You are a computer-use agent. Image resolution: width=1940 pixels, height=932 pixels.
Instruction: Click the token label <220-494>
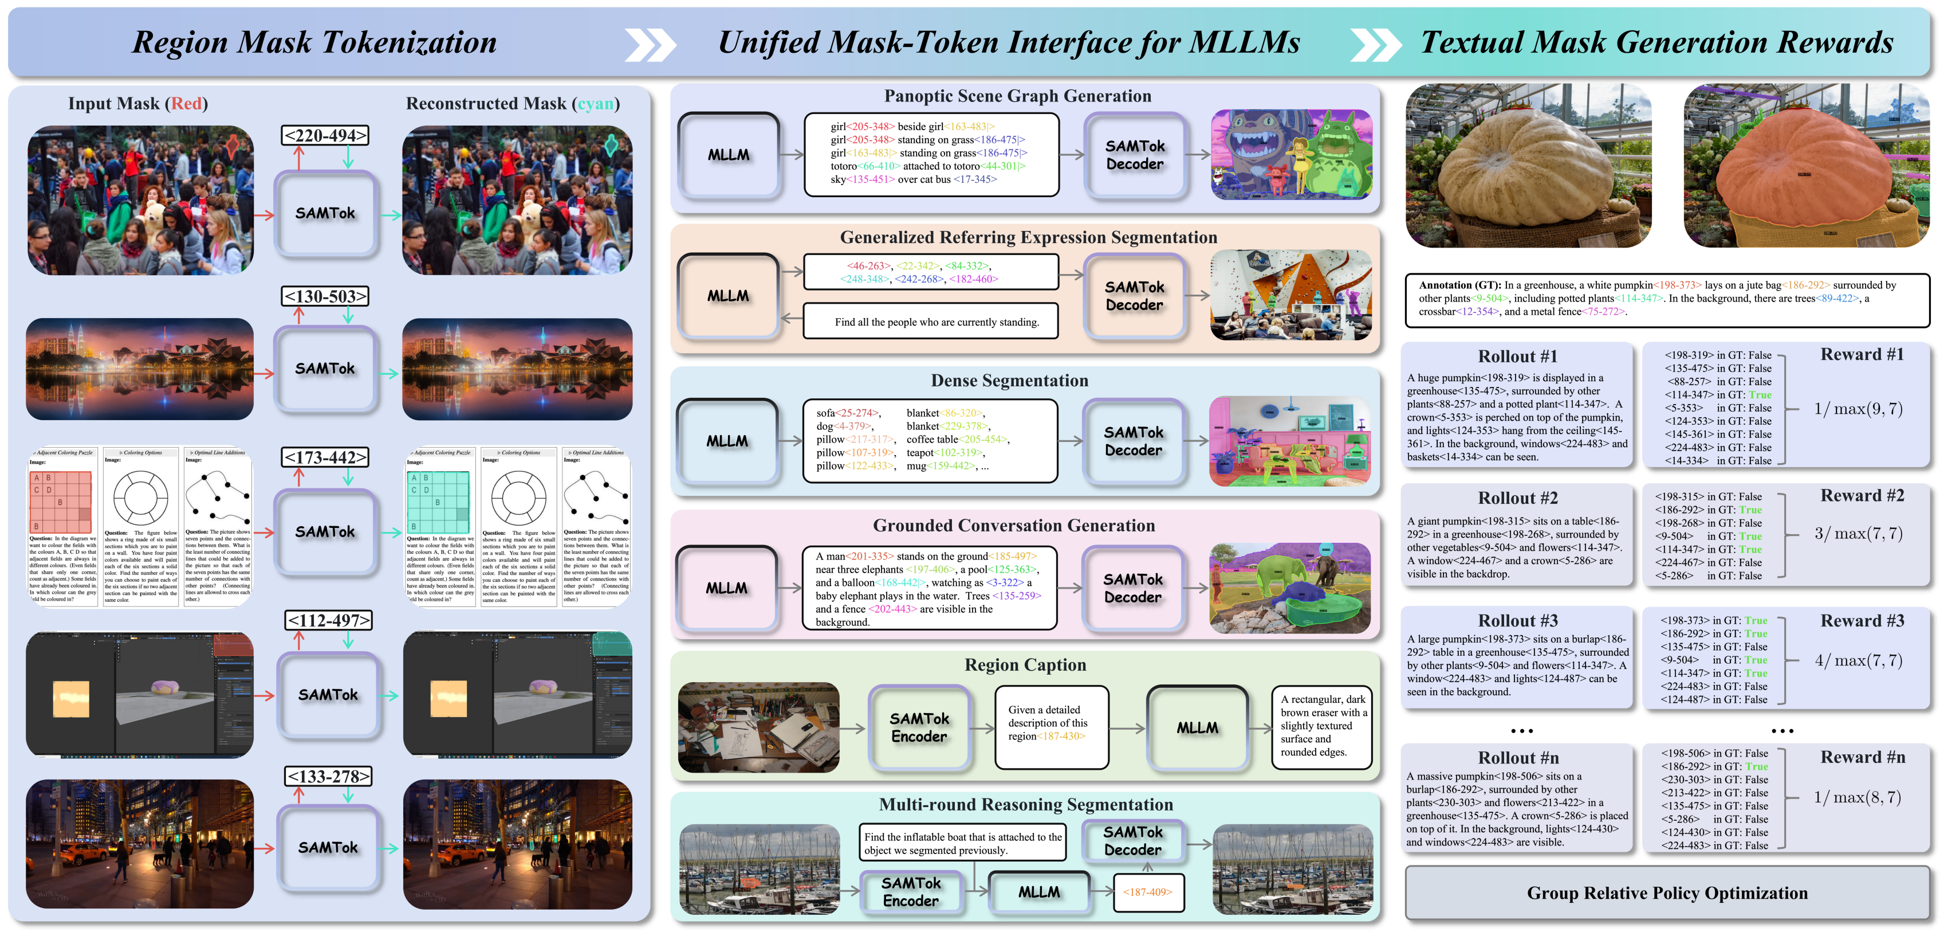[325, 136]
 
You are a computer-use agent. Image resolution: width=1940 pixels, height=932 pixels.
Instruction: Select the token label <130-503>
[325, 296]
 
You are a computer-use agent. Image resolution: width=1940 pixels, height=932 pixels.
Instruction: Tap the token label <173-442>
[325, 457]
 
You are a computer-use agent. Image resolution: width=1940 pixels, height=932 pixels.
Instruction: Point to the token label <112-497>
[329, 620]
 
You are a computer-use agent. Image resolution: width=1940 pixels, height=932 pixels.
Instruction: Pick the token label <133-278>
[329, 776]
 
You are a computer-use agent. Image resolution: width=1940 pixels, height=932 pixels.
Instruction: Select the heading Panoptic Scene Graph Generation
[1017, 96]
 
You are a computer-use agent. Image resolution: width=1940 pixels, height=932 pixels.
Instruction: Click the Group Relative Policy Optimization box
[1667, 893]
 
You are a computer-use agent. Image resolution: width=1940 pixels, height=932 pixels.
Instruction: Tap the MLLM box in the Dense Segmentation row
[727, 441]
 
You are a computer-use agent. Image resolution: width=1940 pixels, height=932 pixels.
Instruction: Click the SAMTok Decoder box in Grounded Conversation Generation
[1133, 588]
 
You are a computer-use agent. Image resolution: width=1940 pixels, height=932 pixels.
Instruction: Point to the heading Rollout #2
[1517, 498]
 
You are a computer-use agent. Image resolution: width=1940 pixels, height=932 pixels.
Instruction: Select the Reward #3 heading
[1862, 621]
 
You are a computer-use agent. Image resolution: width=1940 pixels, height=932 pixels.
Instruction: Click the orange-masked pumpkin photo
[1807, 166]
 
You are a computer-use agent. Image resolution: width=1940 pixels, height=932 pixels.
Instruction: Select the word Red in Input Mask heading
[186, 104]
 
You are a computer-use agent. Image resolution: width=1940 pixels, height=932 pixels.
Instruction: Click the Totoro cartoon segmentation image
[1291, 154]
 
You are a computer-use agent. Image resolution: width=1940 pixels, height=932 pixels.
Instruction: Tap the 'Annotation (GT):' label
[1459, 285]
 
